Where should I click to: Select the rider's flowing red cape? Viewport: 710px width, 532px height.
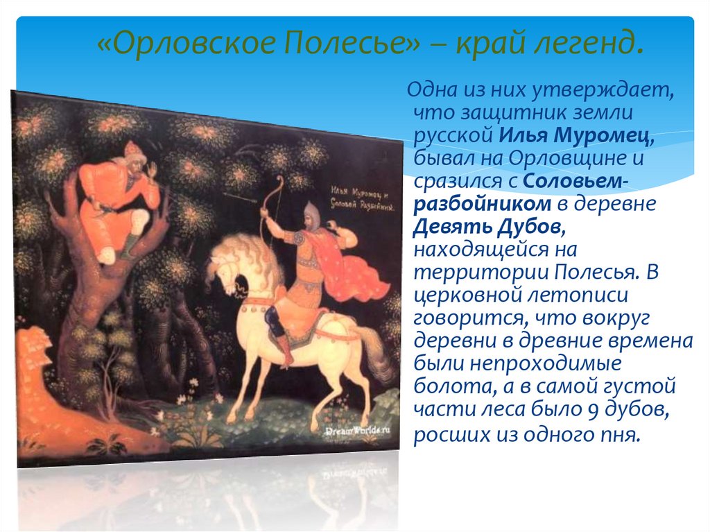click(354, 271)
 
